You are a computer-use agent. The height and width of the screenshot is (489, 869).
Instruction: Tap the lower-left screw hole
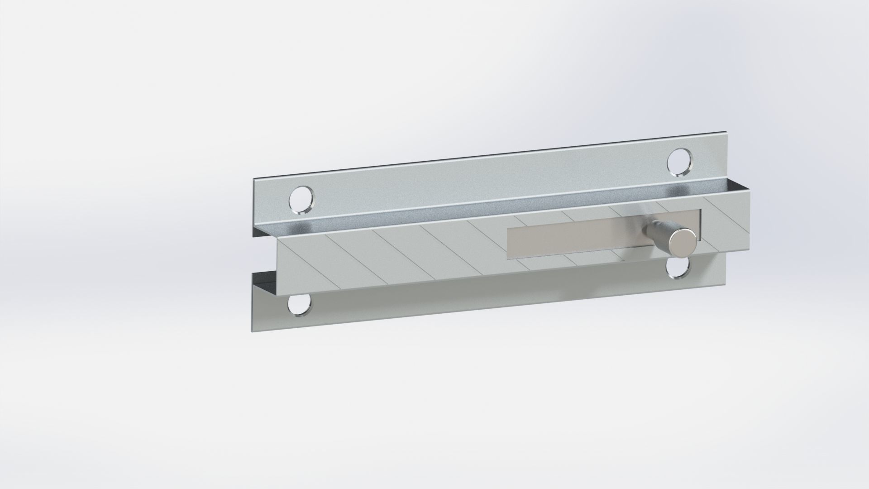pos(301,306)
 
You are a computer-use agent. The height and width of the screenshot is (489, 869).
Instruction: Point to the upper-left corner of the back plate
pos(253,180)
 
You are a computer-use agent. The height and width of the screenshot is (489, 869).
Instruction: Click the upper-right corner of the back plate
pos(862,133)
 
